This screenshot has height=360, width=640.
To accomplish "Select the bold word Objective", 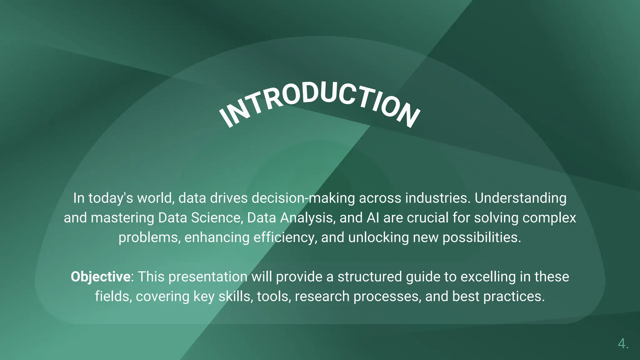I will (100, 277).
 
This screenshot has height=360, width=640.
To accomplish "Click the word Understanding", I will (520, 198).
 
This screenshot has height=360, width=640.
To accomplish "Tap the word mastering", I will (122, 218).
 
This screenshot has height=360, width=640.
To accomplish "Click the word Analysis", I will (307, 218).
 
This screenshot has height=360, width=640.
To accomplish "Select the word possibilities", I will (482, 237).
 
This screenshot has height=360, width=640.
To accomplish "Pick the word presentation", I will (208, 277).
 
